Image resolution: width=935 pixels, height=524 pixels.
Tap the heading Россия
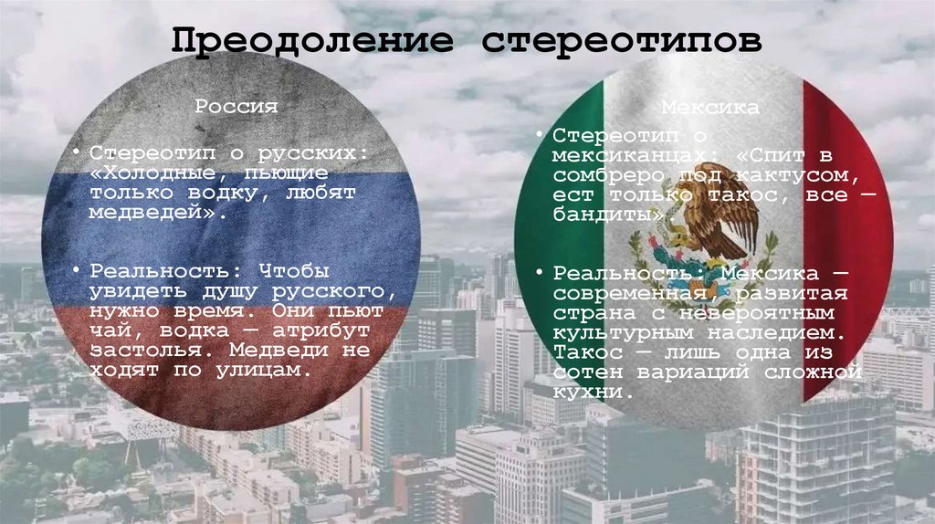click(236, 107)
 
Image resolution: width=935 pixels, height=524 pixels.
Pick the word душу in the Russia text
click(219, 291)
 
